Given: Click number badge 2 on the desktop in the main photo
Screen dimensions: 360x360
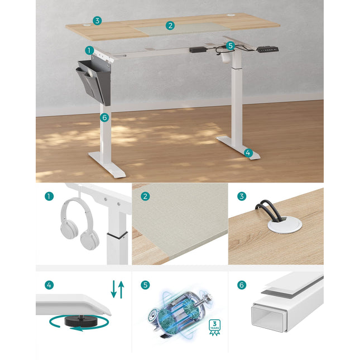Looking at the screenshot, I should pyautogui.click(x=170, y=25).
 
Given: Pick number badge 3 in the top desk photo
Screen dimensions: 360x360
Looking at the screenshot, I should pyautogui.click(x=97, y=21).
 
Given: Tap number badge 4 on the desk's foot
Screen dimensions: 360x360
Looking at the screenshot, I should pyautogui.click(x=248, y=152).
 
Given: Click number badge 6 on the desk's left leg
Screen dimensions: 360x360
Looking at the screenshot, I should pyautogui.click(x=104, y=117).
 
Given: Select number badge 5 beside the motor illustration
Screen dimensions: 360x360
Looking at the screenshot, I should pyautogui.click(x=145, y=285).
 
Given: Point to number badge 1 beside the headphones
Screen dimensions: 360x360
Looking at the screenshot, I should pyautogui.click(x=50, y=196).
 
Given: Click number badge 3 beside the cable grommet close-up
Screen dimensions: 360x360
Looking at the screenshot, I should pyautogui.click(x=242, y=196).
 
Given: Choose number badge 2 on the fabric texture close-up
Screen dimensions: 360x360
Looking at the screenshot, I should pyautogui.click(x=145, y=196).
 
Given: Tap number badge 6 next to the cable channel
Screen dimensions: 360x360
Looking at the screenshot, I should pyautogui.click(x=242, y=285).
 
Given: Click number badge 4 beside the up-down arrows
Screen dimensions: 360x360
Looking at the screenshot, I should pyautogui.click(x=50, y=285).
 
